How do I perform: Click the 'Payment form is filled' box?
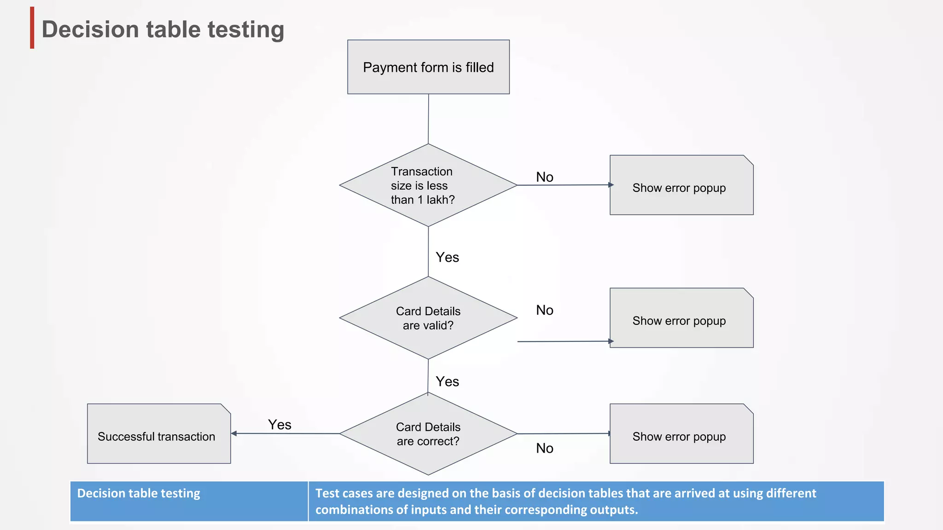click(428, 67)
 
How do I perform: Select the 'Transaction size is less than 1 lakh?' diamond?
click(428, 185)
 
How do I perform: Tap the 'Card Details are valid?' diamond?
click(428, 318)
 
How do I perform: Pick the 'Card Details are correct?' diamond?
click(428, 434)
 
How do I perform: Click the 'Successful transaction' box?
click(158, 434)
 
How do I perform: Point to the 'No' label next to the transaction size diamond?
click(544, 177)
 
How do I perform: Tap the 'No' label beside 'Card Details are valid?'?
click(544, 310)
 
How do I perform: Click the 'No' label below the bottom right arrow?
click(544, 448)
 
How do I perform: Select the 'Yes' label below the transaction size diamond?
click(447, 257)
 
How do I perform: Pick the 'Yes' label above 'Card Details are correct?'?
click(447, 381)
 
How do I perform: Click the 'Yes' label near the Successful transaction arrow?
click(279, 425)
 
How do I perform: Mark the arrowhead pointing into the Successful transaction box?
click(234, 433)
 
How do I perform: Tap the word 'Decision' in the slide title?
click(90, 29)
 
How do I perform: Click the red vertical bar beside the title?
click(32, 28)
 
